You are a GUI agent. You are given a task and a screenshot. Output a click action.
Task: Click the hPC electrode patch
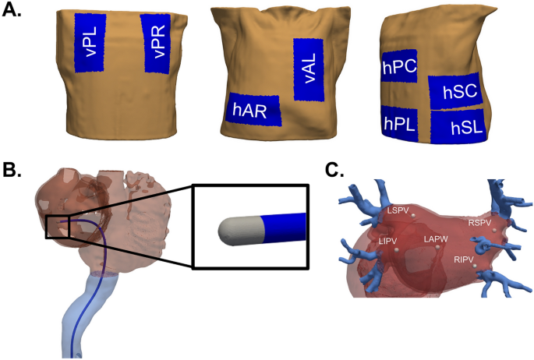[x=398, y=69]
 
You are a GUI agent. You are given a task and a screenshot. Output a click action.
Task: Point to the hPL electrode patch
[x=398, y=122]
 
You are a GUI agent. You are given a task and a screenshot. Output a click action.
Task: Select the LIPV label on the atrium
[x=387, y=242]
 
